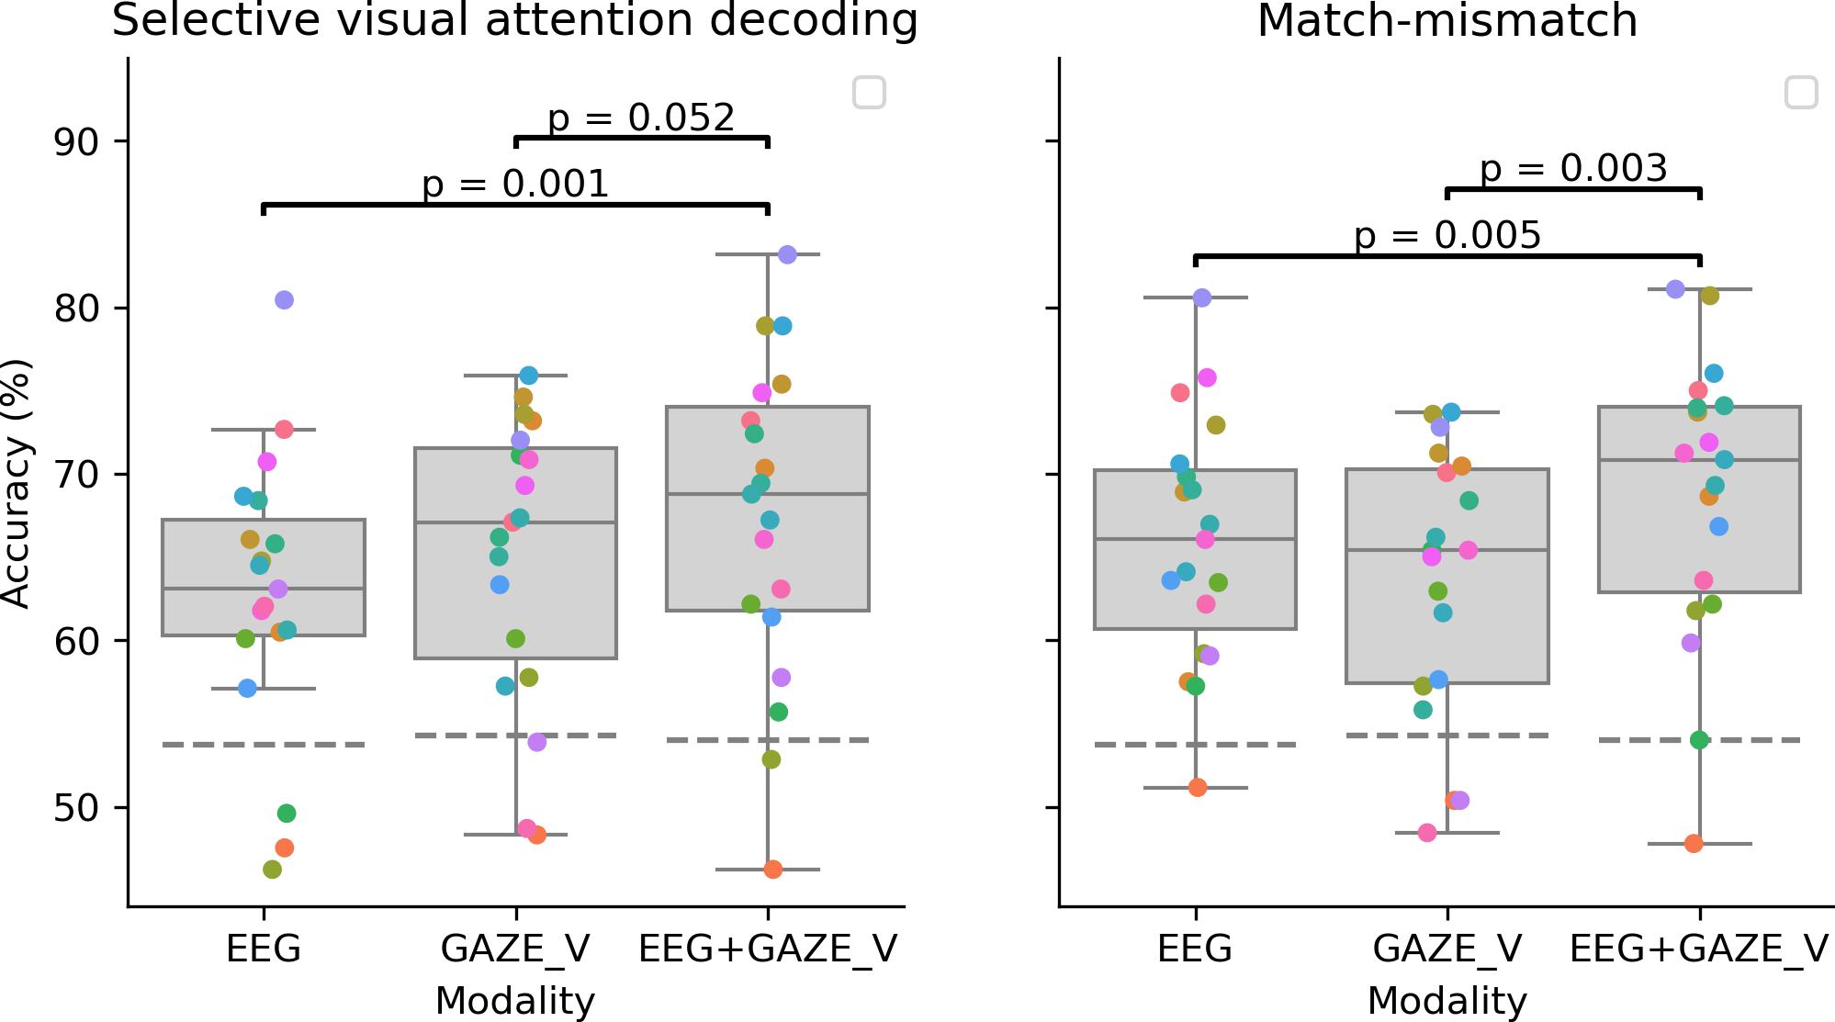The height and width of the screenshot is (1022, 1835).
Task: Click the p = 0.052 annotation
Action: tap(641, 118)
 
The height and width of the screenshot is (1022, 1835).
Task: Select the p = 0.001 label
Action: tap(515, 185)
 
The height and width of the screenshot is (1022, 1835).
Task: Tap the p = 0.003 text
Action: tap(1573, 169)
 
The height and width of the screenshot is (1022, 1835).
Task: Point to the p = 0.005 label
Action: tap(1447, 236)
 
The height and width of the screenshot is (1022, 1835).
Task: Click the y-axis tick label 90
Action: tap(77, 141)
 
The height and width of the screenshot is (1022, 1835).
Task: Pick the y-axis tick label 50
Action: tap(77, 808)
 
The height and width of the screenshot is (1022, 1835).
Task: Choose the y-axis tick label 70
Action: tap(77, 475)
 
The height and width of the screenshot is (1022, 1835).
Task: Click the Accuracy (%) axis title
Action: tap(17, 483)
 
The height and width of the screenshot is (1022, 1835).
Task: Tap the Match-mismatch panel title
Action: tap(1447, 21)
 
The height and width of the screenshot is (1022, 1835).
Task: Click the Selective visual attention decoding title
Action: tap(514, 21)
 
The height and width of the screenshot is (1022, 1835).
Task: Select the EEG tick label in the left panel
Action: tap(264, 949)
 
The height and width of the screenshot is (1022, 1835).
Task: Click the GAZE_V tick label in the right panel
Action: tap(1447, 949)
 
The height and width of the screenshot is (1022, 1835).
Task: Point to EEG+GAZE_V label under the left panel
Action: tap(768, 949)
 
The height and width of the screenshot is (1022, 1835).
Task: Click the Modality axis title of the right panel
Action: tap(1447, 1001)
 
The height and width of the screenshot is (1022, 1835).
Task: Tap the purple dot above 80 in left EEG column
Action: tap(284, 300)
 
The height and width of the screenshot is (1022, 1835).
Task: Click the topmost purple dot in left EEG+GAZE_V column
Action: tap(787, 254)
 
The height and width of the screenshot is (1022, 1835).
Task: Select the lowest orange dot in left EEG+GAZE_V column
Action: tap(773, 870)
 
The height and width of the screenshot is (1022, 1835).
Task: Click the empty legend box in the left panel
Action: tap(869, 93)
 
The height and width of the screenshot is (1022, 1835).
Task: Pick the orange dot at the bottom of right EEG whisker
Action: tap(1198, 787)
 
